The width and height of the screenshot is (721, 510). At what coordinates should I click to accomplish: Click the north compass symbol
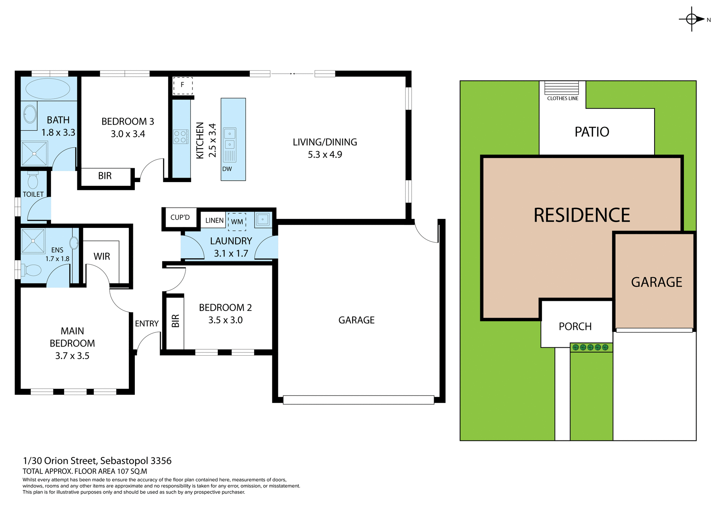692,19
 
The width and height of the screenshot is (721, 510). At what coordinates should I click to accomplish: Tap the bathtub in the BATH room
48,89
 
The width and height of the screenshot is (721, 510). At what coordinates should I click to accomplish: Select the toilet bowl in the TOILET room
33,181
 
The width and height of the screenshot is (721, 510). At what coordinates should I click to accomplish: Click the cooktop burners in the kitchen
181,137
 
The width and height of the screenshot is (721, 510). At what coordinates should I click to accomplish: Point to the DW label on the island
227,169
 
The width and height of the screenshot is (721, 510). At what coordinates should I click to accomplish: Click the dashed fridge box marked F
183,85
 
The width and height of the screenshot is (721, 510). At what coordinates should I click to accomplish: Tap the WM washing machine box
237,222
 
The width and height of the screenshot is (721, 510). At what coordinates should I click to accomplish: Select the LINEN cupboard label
214,220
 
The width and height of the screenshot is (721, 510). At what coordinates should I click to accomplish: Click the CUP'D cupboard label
180,217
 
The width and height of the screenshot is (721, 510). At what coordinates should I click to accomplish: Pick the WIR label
102,257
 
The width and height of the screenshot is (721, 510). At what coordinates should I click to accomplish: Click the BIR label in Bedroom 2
175,321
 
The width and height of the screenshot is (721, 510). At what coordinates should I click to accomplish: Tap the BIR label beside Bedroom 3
105,176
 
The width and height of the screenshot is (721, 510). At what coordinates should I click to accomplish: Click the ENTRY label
147,324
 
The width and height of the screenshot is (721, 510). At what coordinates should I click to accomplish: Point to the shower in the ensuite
33,241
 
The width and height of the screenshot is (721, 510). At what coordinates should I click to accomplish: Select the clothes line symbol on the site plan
561,88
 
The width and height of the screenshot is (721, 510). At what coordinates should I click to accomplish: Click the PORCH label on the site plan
575,326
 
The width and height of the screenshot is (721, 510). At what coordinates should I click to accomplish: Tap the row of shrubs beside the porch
590,347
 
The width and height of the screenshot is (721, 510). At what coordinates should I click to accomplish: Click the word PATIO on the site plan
592,132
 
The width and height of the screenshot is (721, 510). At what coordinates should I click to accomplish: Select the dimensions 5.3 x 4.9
325,155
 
